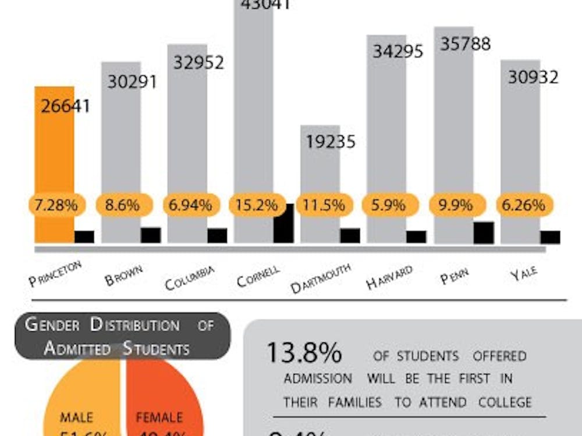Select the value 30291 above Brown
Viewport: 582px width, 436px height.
tap(132, 81)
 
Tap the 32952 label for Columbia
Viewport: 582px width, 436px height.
tap(198, 62)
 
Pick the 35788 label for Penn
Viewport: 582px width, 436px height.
tap(465, 44)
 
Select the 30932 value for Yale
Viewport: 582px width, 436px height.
tap(533, 77)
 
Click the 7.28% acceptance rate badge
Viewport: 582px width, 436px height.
tap(56, 205)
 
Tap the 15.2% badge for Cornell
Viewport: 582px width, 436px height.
tap(256, 205)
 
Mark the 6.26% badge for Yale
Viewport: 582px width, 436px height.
tap(522, 205)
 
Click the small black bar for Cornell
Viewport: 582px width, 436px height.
tap(283, 223)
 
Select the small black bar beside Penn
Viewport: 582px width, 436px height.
tap(484, 233)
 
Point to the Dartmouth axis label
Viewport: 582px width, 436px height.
tap(321, 278)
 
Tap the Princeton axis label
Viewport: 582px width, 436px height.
tap(55, 273)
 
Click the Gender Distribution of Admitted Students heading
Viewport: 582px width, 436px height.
tap(122, 336)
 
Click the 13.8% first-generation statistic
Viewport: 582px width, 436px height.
tap(304, 354)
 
